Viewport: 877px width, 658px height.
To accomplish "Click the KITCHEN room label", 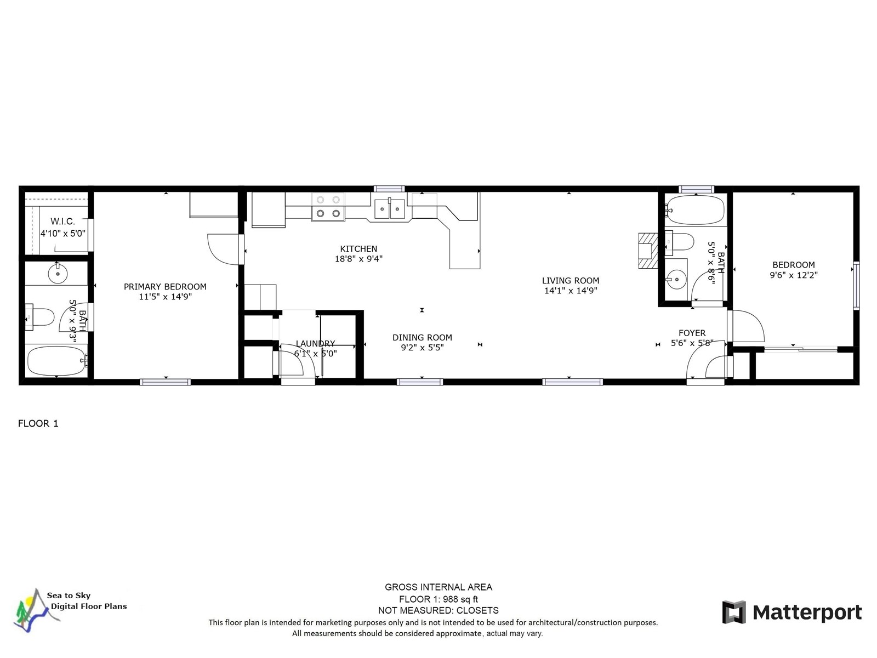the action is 358,248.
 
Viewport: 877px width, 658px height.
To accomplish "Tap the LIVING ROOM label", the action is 571,280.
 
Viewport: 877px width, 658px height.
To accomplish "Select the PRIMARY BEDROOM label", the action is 165,286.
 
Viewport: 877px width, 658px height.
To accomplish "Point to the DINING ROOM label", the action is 422,337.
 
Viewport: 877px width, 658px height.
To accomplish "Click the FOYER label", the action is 692,333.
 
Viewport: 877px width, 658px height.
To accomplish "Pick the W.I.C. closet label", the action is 62,221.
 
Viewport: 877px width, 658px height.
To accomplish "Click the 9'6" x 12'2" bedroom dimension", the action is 794,275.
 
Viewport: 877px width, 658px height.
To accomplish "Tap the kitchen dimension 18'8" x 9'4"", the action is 358,258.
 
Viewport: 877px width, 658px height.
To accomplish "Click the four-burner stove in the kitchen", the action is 328,207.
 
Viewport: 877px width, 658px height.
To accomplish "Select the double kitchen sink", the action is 390,208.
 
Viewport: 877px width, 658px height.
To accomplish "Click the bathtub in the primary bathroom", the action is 56,361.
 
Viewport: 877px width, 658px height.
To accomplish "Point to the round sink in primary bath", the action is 58,274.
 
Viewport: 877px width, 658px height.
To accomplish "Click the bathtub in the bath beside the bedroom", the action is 696,210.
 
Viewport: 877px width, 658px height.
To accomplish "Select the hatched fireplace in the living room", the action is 648,251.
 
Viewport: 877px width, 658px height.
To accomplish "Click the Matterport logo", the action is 791,612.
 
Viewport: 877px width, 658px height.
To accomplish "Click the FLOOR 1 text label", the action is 38,423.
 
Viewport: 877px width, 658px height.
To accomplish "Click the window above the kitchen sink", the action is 389,189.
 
